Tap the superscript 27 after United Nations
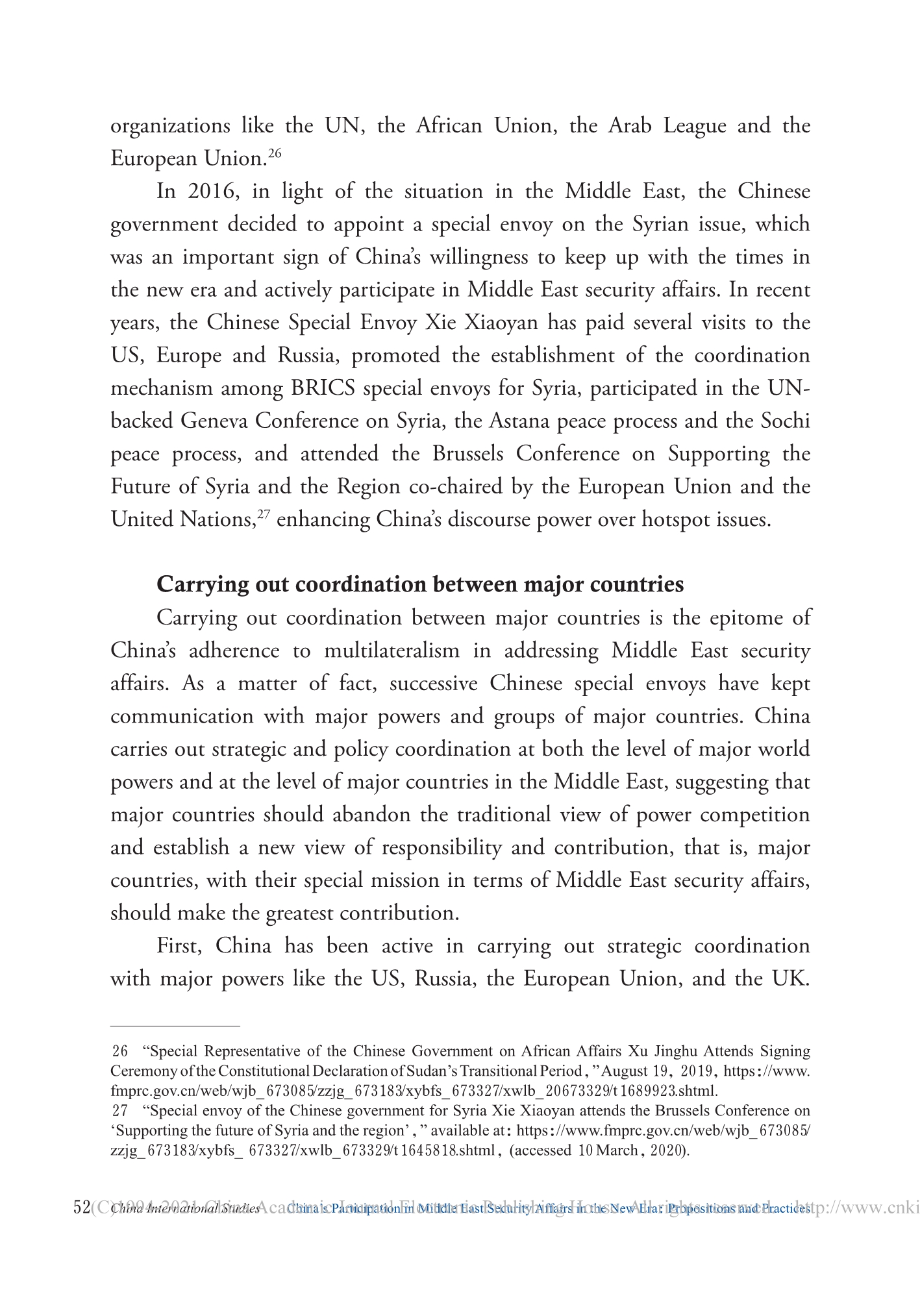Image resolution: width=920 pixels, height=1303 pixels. coord(264,515)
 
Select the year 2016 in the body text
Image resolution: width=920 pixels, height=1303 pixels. coord(209,192)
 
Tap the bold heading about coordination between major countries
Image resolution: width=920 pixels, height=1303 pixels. coord(420,584)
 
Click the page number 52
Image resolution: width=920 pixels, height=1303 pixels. coord(82,1208)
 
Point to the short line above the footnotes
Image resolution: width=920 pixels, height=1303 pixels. coord(175,1026)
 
